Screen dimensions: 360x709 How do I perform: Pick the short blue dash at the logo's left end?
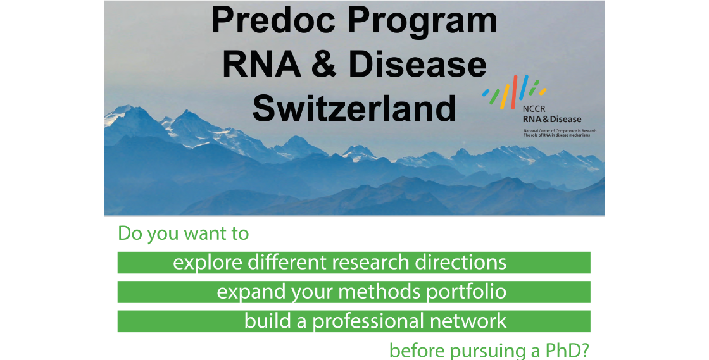point(486,93)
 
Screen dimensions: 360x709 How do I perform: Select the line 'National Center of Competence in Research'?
point(560,130)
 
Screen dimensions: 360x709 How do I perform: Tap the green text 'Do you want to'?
point(184,233)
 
